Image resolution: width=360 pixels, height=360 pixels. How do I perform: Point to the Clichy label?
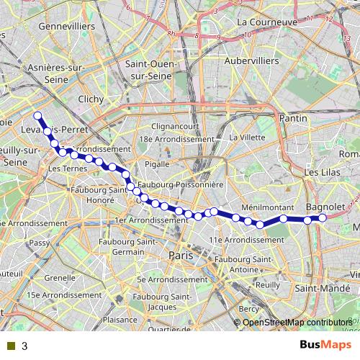tap(91, 99)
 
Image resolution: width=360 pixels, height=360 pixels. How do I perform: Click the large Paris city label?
tap(181, 256)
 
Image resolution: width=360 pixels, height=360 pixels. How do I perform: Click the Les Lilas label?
tap(320, 173)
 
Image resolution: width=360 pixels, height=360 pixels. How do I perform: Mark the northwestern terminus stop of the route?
tap(37, 115)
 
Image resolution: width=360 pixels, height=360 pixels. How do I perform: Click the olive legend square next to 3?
tap(10, 346)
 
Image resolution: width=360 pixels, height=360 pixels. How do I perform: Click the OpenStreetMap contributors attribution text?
tap(301, 323)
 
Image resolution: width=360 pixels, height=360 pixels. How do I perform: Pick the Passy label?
tap(39, 244)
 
